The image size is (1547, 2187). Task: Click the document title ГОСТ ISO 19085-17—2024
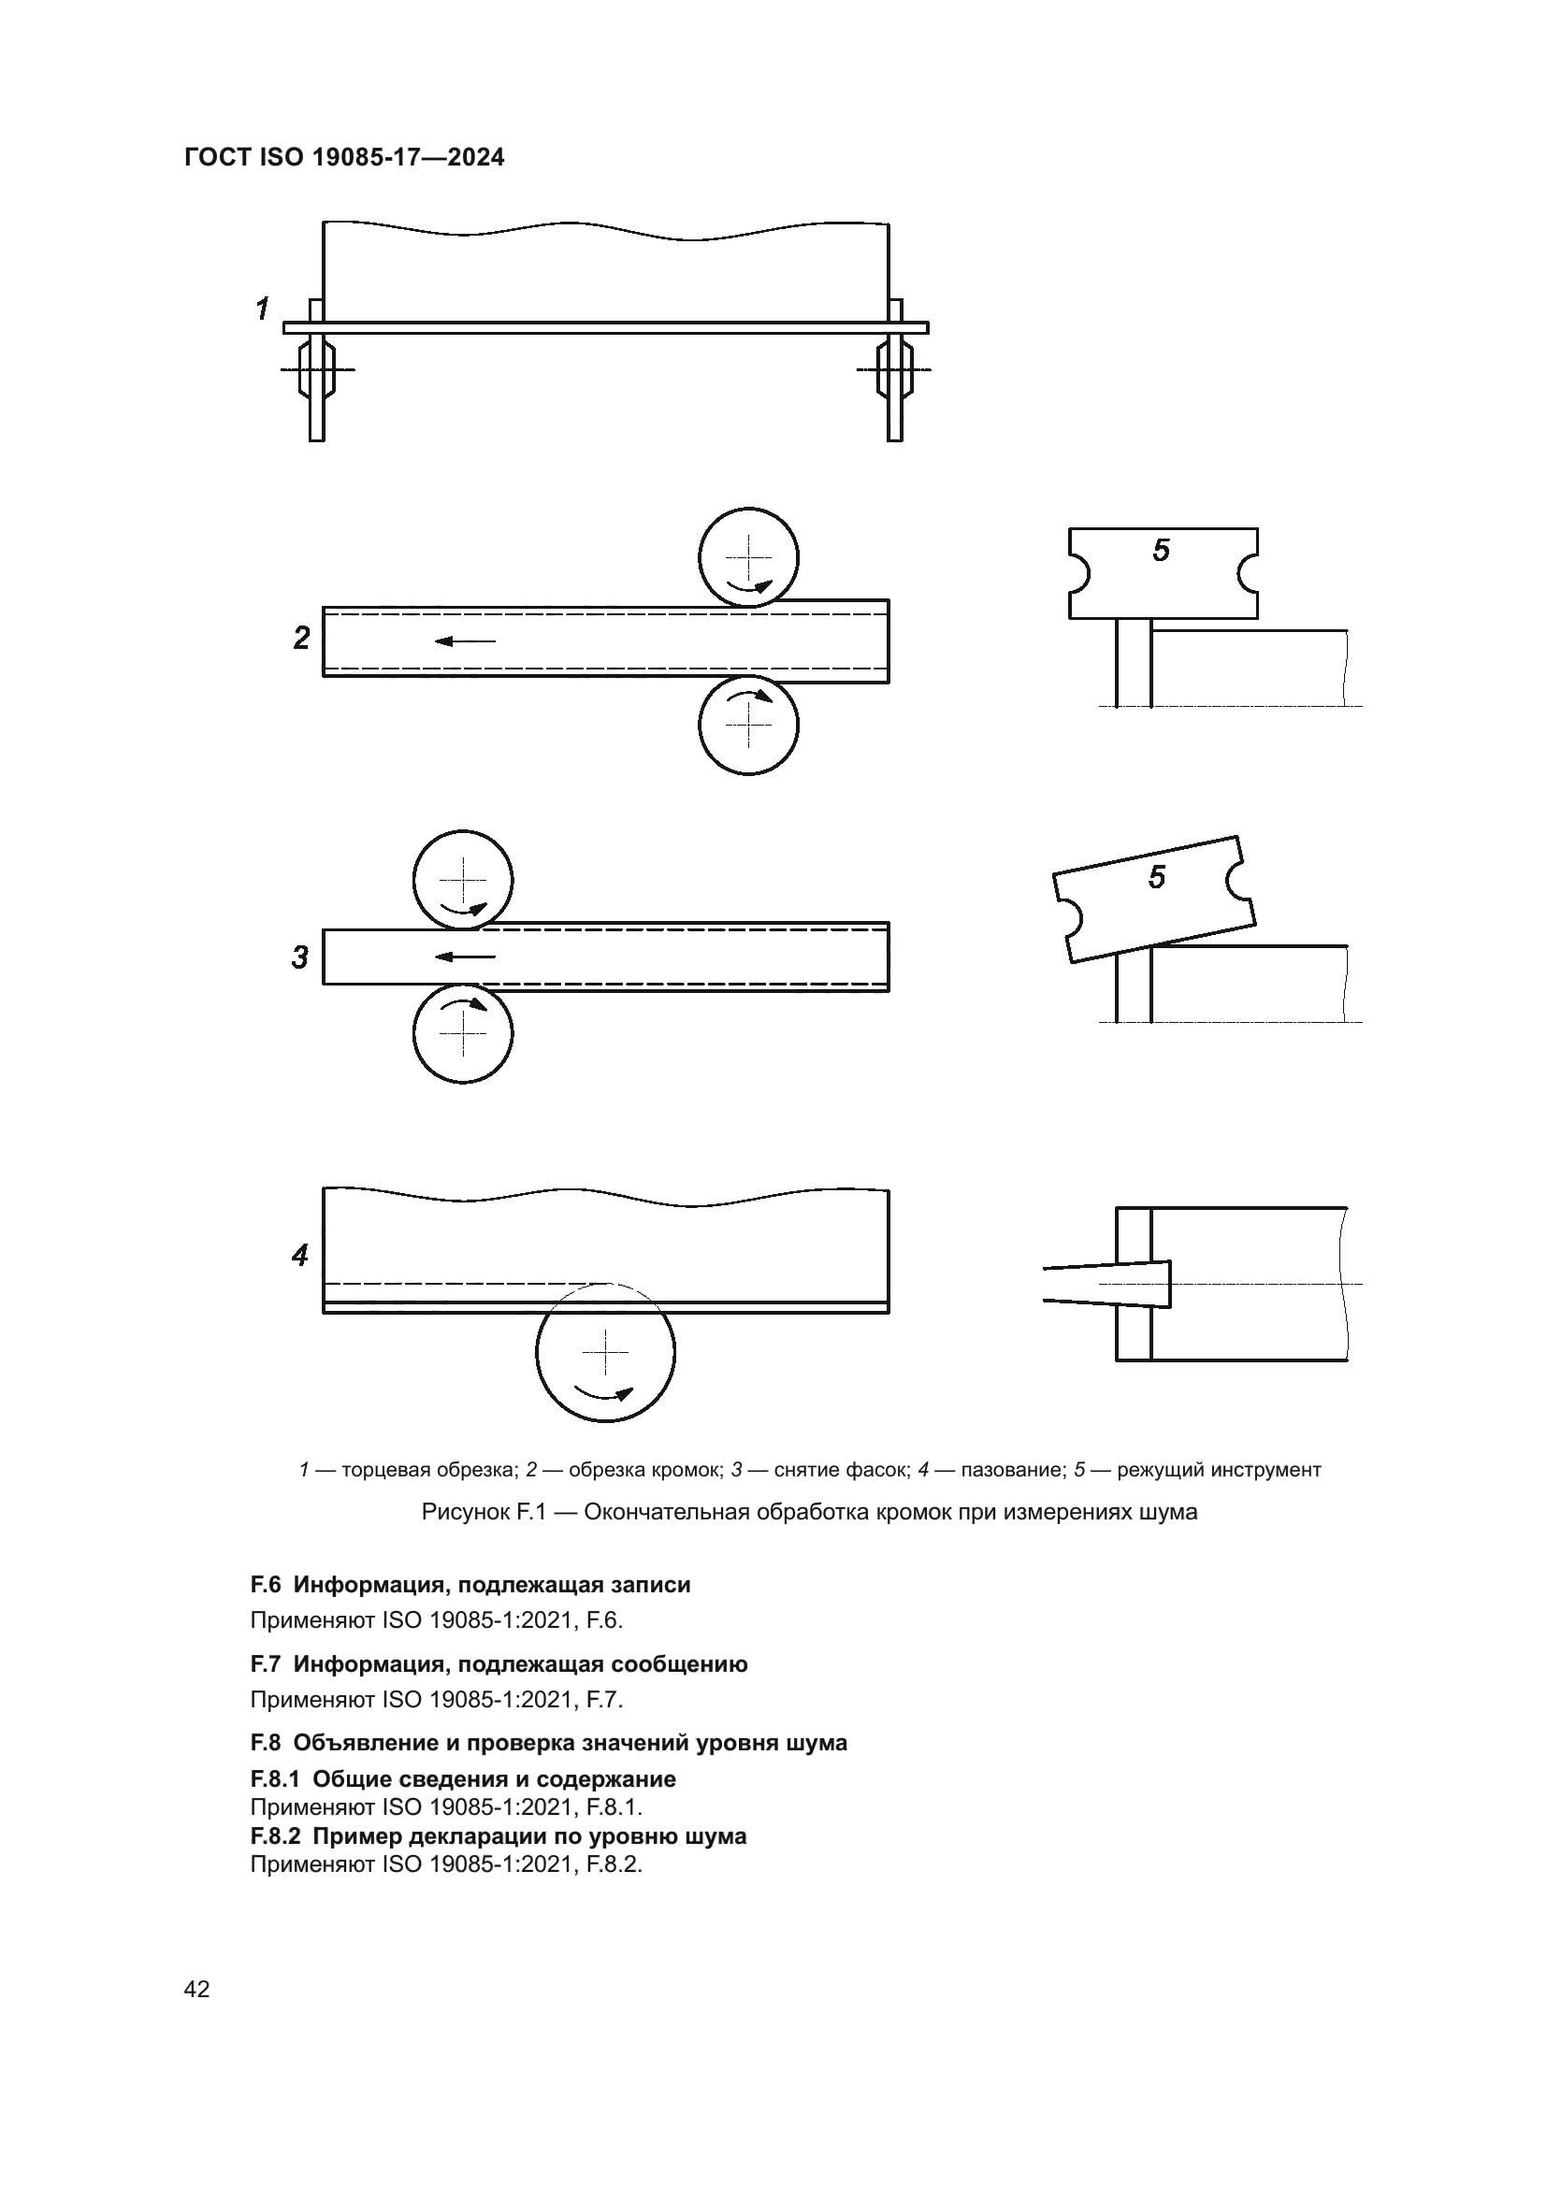click(x=344, y=157)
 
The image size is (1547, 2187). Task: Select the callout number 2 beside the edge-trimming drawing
click(x=301, y=639)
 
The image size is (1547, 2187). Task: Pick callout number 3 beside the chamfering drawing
click(x=300, y=957)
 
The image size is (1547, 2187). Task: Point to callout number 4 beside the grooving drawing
click(x=300, y=1256)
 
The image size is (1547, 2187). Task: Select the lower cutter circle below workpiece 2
click(x=749, y=725)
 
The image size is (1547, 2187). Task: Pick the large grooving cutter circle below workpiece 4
click(x=606, y=1353)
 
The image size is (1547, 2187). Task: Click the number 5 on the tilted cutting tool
click(x=1156, y=877)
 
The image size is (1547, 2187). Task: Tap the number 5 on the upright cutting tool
click(x=1162, y=551)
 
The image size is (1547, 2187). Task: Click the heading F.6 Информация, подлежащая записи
click(x=470, y=1584)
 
